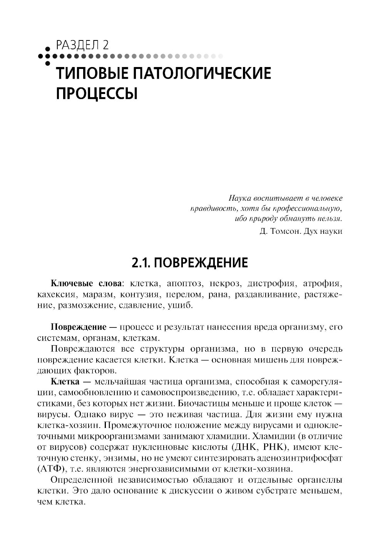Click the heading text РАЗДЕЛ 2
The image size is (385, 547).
(82, 45)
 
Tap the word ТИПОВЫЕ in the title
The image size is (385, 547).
(92, 73)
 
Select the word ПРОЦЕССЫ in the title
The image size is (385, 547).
(97, 93)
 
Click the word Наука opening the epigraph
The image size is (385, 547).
(240, 199)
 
